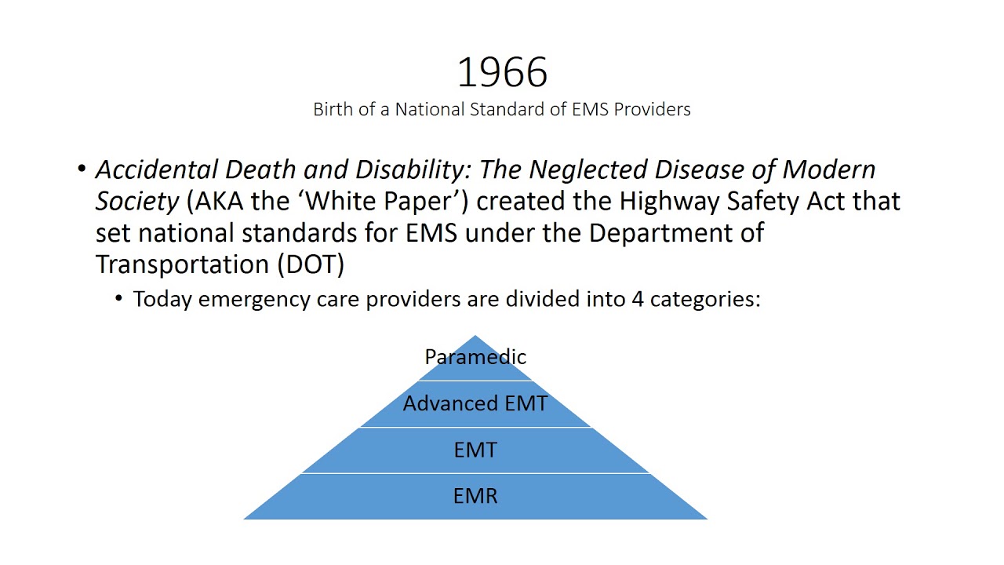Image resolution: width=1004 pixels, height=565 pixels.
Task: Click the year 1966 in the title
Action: [502, 72]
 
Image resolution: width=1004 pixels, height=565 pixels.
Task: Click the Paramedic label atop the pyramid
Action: [475, 357]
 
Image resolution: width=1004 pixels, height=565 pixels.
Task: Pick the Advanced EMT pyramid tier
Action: [475, 403]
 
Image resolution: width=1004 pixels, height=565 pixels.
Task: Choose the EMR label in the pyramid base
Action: [475, 496]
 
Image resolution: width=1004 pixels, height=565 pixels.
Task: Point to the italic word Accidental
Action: [157, 169]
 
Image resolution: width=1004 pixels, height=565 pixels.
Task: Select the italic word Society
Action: [137, 202]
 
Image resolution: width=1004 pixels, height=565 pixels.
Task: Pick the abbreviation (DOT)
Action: [311, 264]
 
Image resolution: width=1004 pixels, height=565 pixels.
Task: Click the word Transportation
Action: [183, 264]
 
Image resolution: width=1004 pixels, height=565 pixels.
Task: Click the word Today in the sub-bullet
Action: [162, 299]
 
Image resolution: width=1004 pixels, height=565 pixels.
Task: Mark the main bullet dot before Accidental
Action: [82, 169]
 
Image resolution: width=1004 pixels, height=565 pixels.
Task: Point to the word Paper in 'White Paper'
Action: [435, 202]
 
